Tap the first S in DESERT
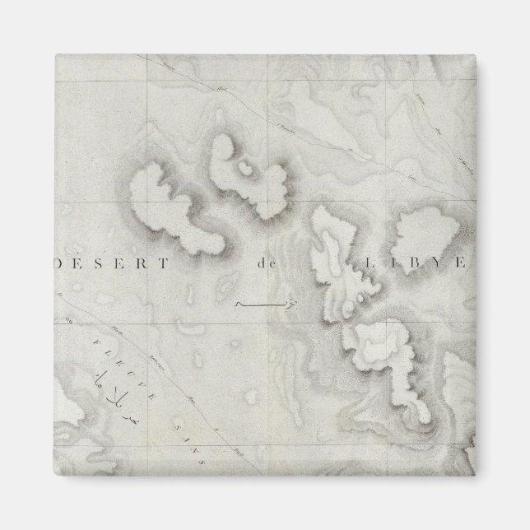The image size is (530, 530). tap(98, 264)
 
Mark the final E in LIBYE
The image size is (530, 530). tap(463, 264)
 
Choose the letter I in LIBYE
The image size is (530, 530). tap(383, 264)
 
